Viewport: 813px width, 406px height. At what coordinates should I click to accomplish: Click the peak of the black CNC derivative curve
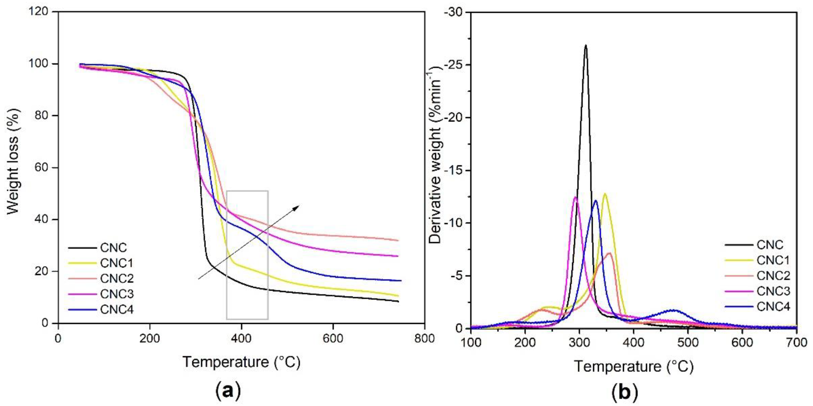pyautogui.click(x=586, y=46)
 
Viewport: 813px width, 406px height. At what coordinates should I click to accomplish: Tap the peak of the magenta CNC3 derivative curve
pyautogui.click(x=575, y=197)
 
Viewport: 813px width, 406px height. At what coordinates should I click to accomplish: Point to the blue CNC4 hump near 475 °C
pyautogui.click(x=674, y=310)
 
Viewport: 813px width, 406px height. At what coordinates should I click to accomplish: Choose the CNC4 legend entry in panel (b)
pyautogui.click(x=773, y=306)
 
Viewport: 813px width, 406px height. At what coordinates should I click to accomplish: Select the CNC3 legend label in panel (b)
pyautogui.click(x=773, y=291)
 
